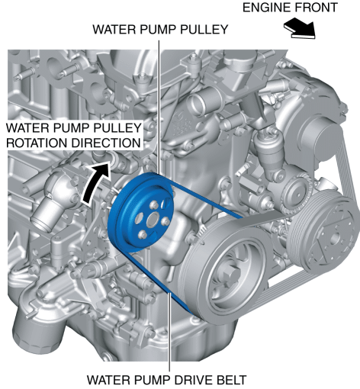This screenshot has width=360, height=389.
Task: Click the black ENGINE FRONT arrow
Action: tap(300, 28)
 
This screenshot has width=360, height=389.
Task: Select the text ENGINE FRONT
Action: tap(290, 8)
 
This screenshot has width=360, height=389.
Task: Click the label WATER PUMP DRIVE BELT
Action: tap(167, 380)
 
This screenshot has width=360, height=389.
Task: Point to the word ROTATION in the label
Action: tap(37, 143)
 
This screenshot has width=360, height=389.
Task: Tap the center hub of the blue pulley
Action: tap(153, 219)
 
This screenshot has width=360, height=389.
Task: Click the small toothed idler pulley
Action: tap(296, 193)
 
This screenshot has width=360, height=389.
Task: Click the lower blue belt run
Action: tap(160, 282)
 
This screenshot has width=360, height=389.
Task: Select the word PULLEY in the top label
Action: tap(204, 29)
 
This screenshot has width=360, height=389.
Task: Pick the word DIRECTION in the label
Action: tap(106, 143)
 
